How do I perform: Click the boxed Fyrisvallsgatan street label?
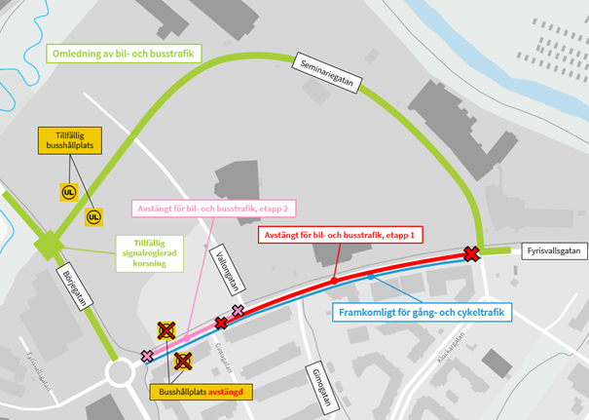pos(554,251)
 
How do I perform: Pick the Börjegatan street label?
pos(73,286)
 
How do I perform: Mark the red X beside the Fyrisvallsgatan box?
pos(471,254)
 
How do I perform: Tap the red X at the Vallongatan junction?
pos(221,323)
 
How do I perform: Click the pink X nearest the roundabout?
pos(147,356)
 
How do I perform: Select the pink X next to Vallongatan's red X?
pos(238,311)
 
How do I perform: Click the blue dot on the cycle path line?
pos(370,278)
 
